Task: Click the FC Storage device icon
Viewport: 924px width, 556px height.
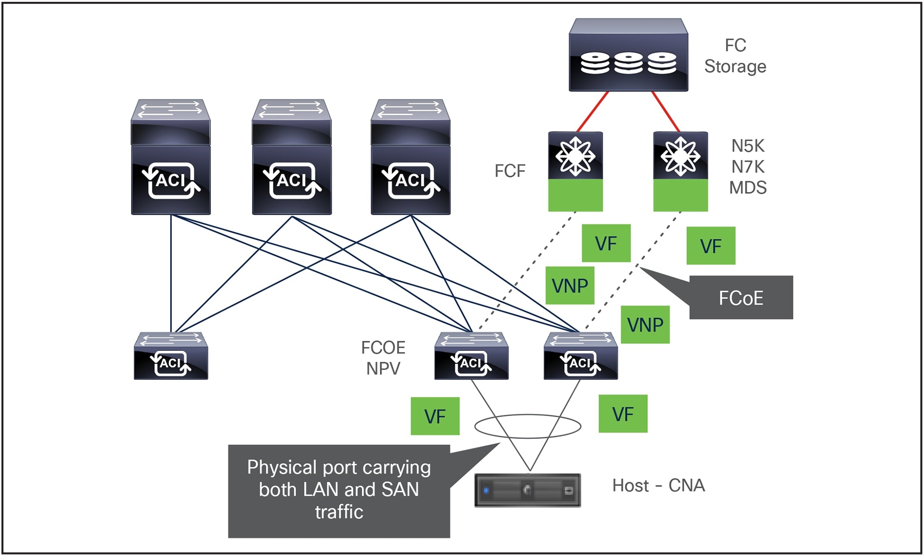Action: (x=628, y=55)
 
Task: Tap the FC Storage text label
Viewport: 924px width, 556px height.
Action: (x=735, y=56)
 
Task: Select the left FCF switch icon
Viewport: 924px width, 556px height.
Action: (x=575, y=171)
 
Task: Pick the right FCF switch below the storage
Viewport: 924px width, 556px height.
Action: (x=680, y=171)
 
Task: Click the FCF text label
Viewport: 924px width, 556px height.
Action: (x=510, y=171)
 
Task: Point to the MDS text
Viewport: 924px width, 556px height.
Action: (x=747, y=188)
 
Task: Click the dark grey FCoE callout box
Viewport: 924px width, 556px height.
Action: (x=741, y=298)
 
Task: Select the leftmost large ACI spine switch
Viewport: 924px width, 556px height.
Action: (x=171, y=157)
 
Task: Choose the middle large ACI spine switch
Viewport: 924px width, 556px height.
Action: (x=292, y=157)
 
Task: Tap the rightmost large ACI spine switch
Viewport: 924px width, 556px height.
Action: (x=410, y=157)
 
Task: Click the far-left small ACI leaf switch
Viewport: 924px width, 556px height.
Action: (x=171, y=356)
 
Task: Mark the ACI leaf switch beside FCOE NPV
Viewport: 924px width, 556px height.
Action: (x=471, y=356)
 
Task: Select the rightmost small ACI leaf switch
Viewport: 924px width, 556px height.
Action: (x=581, y=356)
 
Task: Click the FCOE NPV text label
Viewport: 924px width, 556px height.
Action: (x=383, y=358)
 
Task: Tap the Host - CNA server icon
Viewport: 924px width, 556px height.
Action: (x=527, y=490)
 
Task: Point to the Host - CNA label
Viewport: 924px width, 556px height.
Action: (x=658, y=486)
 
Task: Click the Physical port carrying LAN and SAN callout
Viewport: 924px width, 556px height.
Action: (x=339, y=490)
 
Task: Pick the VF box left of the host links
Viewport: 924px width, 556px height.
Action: (x=435, y=416)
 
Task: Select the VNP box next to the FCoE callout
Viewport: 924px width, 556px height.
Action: (x=645, y=325)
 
